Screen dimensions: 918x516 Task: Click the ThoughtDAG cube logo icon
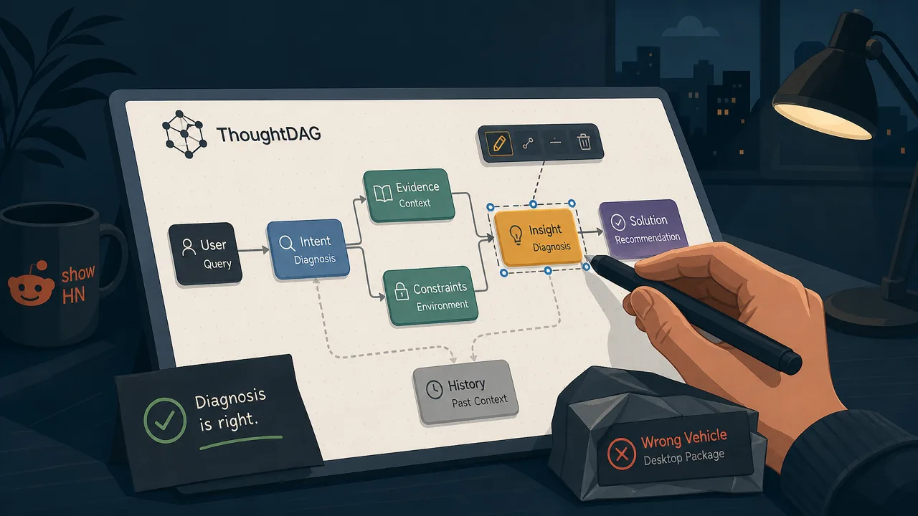(x=184, y=134)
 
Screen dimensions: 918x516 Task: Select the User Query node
(x=205, y=254)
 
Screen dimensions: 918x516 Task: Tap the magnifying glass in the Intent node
(x=287, y=243)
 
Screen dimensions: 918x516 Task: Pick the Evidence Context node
(x=409, y=195)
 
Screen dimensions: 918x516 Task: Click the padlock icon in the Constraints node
(x=401, y=291)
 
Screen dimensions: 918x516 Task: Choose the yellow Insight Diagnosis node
(x=539, y=237)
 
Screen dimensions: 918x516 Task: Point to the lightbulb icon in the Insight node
(x=516, y=235)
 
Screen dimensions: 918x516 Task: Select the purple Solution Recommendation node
(x=643, y=229)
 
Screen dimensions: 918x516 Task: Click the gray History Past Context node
(x=465, y=392)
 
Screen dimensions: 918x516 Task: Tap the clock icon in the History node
(x=434, y=389)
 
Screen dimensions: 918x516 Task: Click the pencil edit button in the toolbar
(x=498, y=143)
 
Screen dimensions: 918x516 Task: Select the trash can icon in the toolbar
(x=584, y=142)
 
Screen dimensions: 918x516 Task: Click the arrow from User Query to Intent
(x=254, y=250)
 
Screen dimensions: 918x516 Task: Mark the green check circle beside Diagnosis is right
(x=165, y=420)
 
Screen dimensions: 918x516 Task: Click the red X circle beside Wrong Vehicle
(x=622, y=454)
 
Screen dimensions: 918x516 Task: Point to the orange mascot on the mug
(x=31, y=284)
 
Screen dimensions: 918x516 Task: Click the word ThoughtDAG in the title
(x=268, y=135)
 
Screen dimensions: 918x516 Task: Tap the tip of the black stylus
(x=587, y=257)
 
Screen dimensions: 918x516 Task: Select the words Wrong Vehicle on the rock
(x=683, y=439)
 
